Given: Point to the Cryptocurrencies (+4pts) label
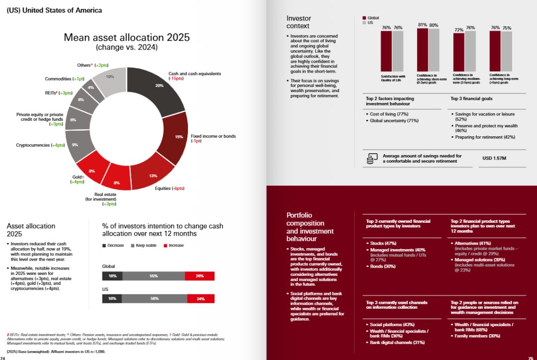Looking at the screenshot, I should pyautogui.click(x=40, y=145).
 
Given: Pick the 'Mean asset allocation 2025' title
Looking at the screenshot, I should pyautogui.click(x=127, y=38).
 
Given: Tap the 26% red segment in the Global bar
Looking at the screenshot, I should pyautogui.click(x=199, y=275).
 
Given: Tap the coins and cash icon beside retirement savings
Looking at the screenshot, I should pyautogui.click(x=371, y=159).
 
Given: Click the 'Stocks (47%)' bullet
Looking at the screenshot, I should pyautogui.click(x=383, y=243).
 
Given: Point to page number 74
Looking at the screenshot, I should pyautogui.click(x=3, y=358).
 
